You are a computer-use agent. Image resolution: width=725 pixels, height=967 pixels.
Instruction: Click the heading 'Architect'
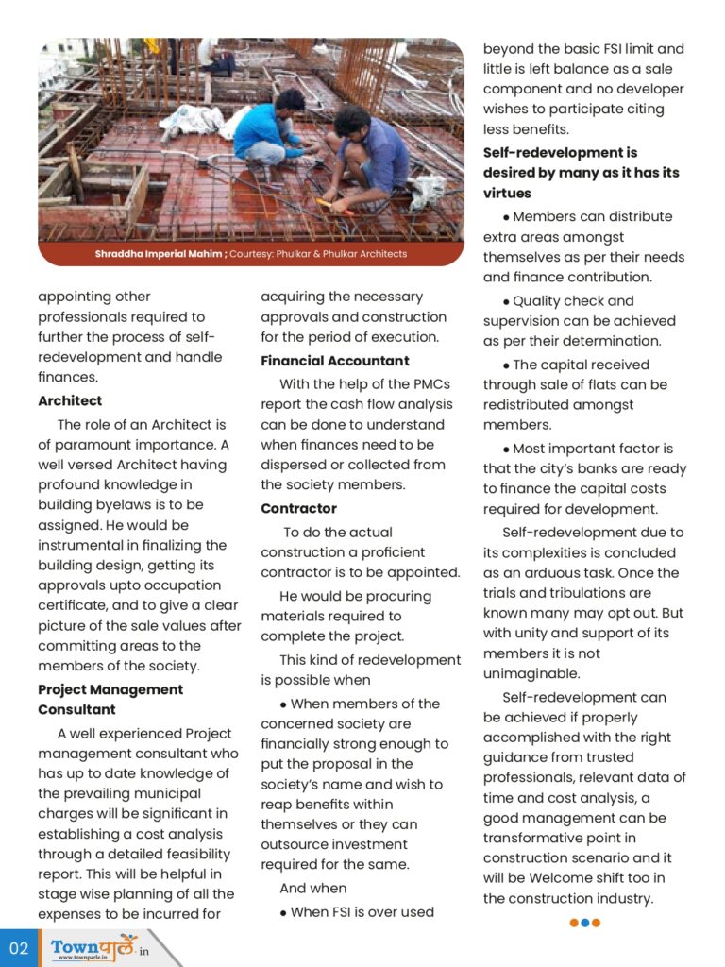[x=70, y=400]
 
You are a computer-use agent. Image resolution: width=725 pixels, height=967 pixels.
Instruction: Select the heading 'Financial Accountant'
[x=335, y=361]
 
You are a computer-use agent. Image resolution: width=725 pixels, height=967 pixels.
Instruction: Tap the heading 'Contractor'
[x=298, y=508]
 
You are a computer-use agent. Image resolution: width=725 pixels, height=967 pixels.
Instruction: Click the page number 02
[x=19, y=947]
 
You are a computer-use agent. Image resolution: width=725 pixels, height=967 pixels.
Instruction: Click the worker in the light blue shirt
[x=265, y=128]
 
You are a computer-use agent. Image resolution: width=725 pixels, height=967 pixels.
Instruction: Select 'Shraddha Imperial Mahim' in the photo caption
[x=159, y=254]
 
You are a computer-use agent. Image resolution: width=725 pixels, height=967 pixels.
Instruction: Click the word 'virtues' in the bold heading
[x=507, y=194]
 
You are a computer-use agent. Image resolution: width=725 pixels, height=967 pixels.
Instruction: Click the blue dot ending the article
[x=585, y=923]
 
